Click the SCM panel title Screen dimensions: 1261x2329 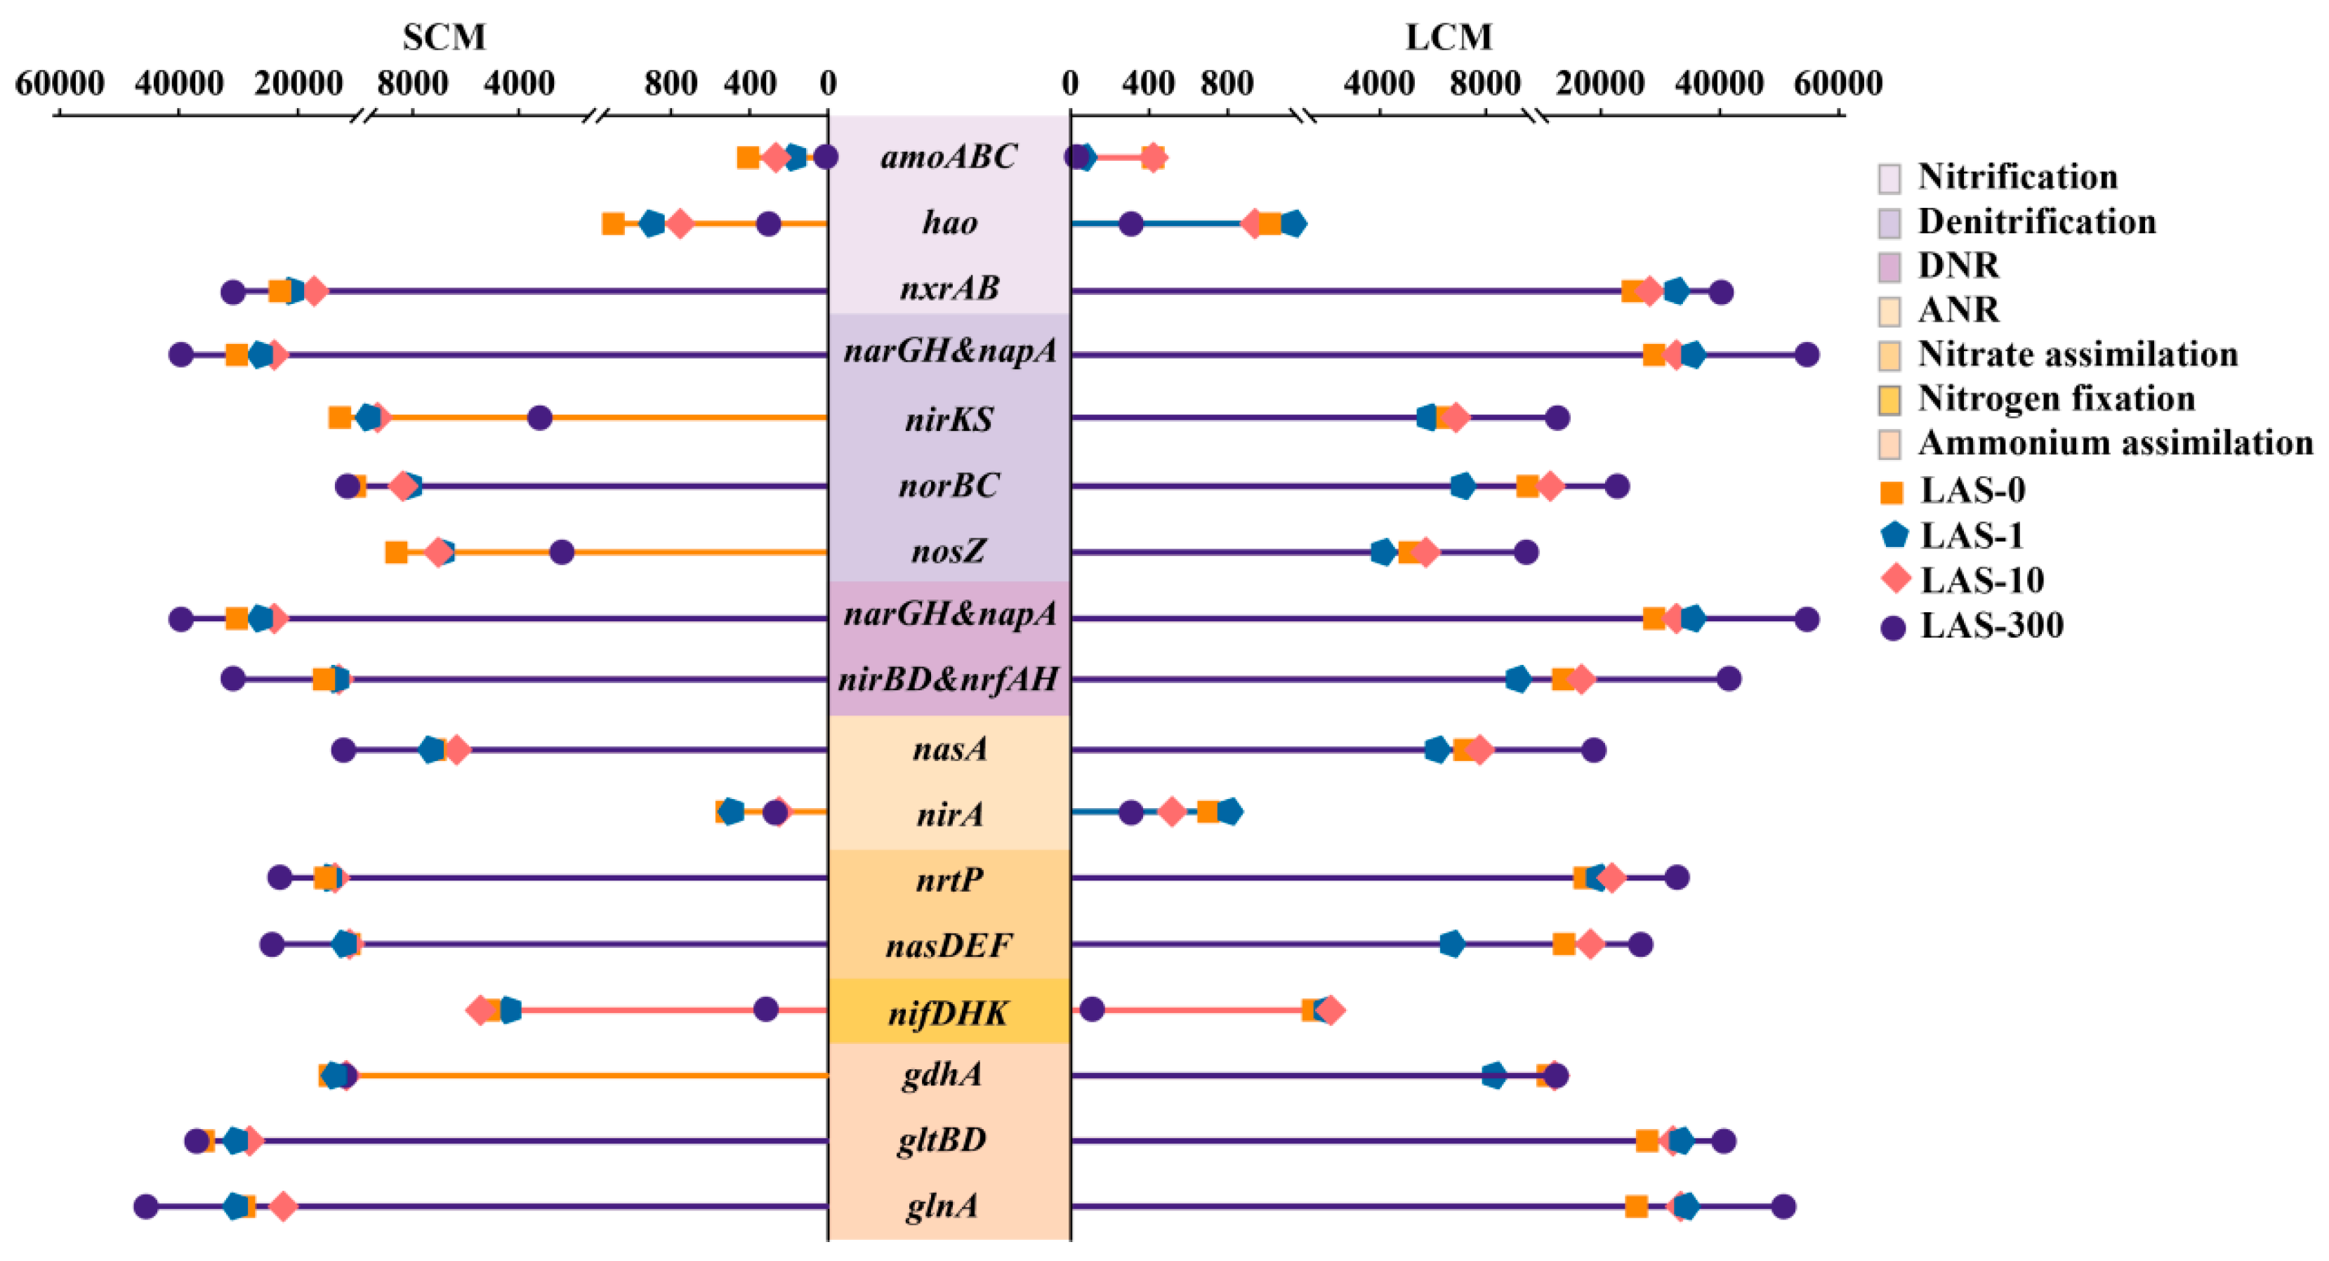coord(444,37)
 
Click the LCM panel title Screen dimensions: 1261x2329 coord(1449,37)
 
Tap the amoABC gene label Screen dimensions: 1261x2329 coord(949,157)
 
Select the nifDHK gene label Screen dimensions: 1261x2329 coord(949,1012)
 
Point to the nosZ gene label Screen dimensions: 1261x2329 coord(949,550)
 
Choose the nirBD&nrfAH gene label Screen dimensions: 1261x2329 coord(949,679)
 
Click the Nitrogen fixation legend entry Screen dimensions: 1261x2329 coord(2056,399)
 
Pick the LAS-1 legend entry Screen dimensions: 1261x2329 coord(1971,535)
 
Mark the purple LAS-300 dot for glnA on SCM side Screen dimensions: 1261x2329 coord(145,1206)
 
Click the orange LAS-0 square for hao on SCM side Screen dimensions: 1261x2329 coord(613,223)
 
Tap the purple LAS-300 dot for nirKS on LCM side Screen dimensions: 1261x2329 coord(1557,418)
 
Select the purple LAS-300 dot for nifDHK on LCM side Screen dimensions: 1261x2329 coord(1092,1010)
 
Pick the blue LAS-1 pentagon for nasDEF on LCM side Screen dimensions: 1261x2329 coord(1452,944)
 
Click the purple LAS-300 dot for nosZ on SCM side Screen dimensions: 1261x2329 coord(562,551)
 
